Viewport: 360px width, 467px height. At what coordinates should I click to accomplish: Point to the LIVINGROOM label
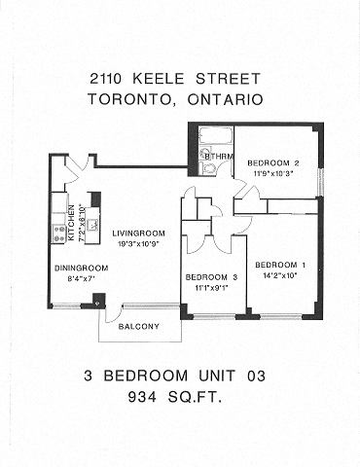137,233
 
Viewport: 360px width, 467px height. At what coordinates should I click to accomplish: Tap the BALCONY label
139,326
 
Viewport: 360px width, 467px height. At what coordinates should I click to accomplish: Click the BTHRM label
216,155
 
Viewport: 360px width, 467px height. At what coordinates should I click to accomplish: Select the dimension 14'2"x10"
280,276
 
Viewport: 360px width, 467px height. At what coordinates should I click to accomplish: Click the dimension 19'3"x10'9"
137,243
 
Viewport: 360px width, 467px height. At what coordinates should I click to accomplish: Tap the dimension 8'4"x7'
75,277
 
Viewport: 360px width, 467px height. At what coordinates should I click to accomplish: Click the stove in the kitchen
57,233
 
